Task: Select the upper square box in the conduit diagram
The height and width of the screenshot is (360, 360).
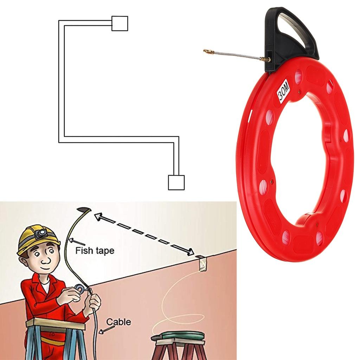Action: click(x=120, y=23)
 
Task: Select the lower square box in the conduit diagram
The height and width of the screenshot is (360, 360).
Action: click(x=176, y=182)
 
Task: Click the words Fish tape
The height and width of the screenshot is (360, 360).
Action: click(x=95, y=251)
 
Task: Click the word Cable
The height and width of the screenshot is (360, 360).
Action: click(x=118, y=321)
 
